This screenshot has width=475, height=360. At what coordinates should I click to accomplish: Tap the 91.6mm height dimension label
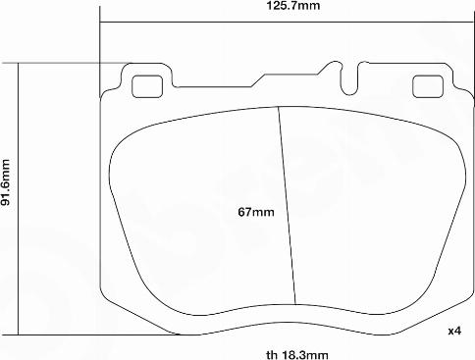7,183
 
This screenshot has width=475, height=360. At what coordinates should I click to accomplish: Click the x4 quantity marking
454,331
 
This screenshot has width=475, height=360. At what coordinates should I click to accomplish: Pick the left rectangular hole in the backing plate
148,85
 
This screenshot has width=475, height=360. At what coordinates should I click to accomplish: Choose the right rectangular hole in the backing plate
427,85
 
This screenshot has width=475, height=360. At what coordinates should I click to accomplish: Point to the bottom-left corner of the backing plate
102,293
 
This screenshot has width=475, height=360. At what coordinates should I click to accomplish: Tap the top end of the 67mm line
280,106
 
